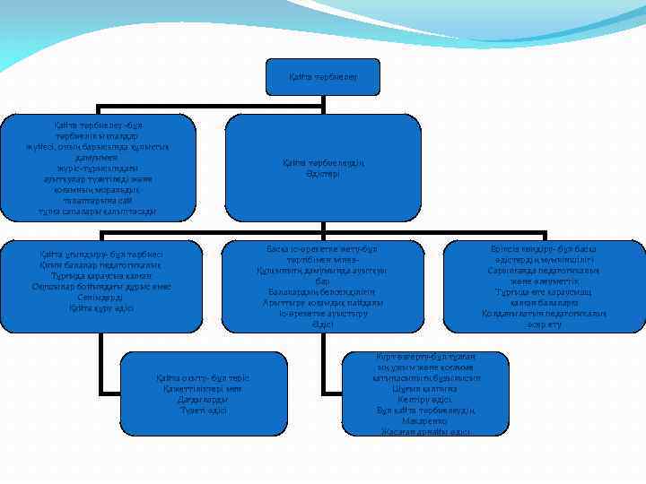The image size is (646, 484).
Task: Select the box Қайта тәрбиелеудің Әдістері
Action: (x=323, y=167)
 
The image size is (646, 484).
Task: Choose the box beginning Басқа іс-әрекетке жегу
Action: (x=323, y=286)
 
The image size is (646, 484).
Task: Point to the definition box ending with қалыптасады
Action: (x=98, y=167)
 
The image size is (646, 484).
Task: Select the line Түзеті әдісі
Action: (x=201, y=411)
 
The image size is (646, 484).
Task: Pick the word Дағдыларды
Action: (x=201, y=400)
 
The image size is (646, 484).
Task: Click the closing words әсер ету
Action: (x=544, y=324)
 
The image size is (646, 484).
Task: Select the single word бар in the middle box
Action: (x=323, y=281)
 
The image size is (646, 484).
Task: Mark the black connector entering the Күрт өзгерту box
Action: (x=335, y=392)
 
